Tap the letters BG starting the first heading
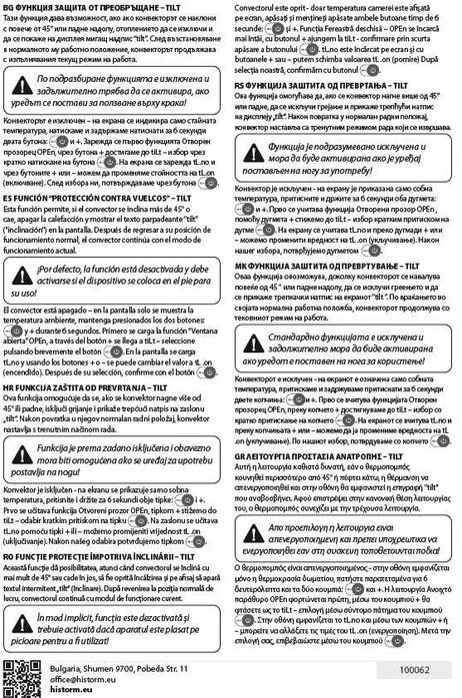coord(10,6)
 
